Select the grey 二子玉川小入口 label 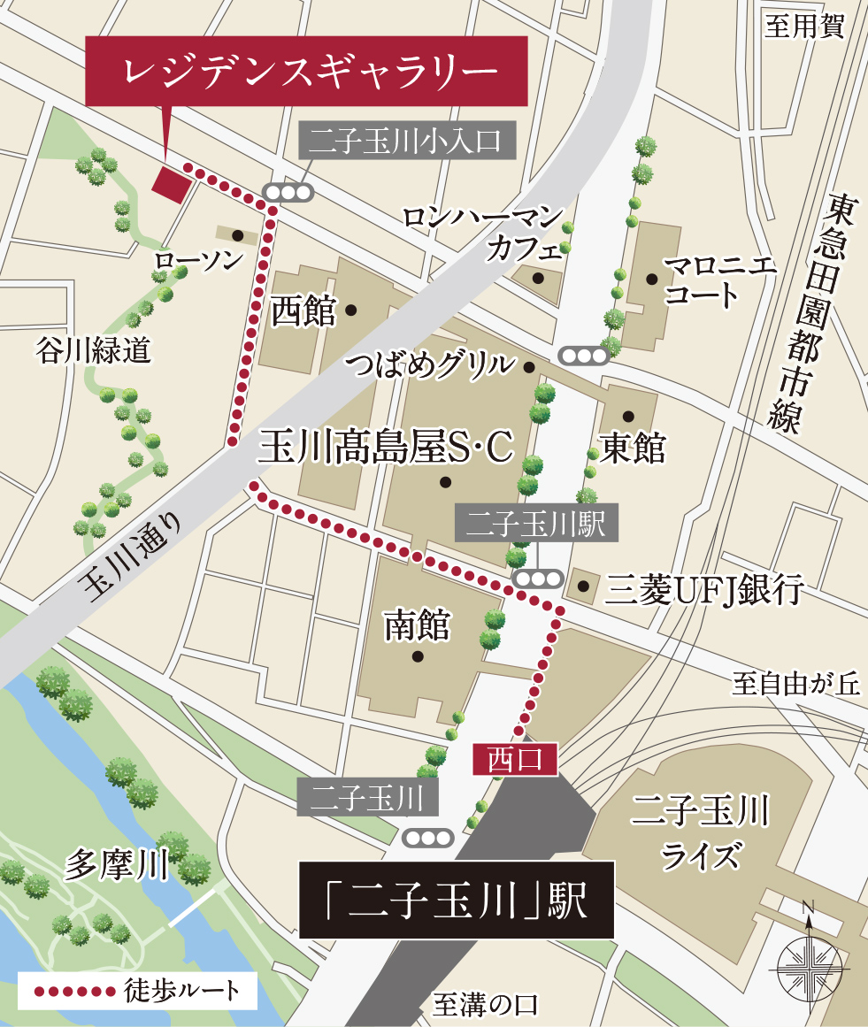(407, 141)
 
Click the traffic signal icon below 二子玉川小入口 (288, 192)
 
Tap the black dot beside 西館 (351, 310)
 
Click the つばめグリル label (430, 364)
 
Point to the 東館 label (632, 448)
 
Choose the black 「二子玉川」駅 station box (457, 900)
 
